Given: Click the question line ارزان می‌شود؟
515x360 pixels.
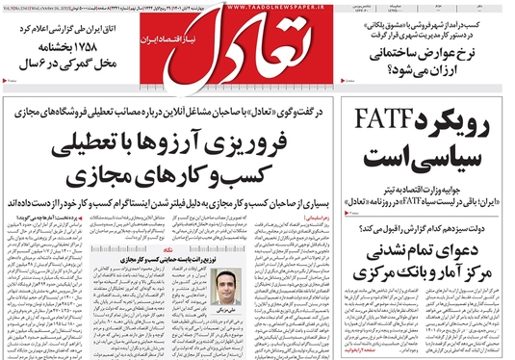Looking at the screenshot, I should [x=443, y=73].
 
